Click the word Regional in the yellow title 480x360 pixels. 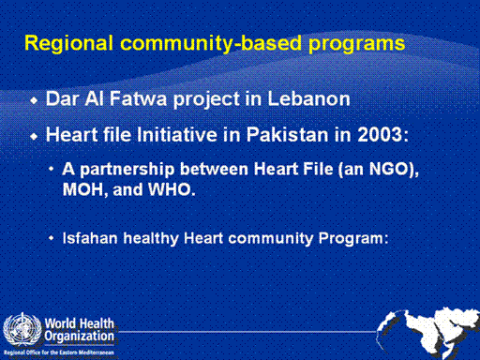click(68, 43)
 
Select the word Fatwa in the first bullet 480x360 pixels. click(138, 98)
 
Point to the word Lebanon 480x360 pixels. click(308, 98)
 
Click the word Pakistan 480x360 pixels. click(288, 135)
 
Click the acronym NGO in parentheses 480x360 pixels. click(389, 169)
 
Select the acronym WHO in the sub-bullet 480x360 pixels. click(170, 189)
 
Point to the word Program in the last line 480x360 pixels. click(352, 239)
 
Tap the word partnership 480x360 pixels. click(127, 170)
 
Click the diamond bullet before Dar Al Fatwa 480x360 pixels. click(34, 100)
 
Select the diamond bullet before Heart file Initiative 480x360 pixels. click(34, 136)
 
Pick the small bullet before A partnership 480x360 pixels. click(52, 169)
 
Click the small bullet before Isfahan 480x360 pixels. click(52, 238)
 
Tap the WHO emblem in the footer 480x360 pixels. click(22, 329)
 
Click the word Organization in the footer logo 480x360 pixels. click(80, 337)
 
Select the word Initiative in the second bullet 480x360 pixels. click(177, 135)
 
